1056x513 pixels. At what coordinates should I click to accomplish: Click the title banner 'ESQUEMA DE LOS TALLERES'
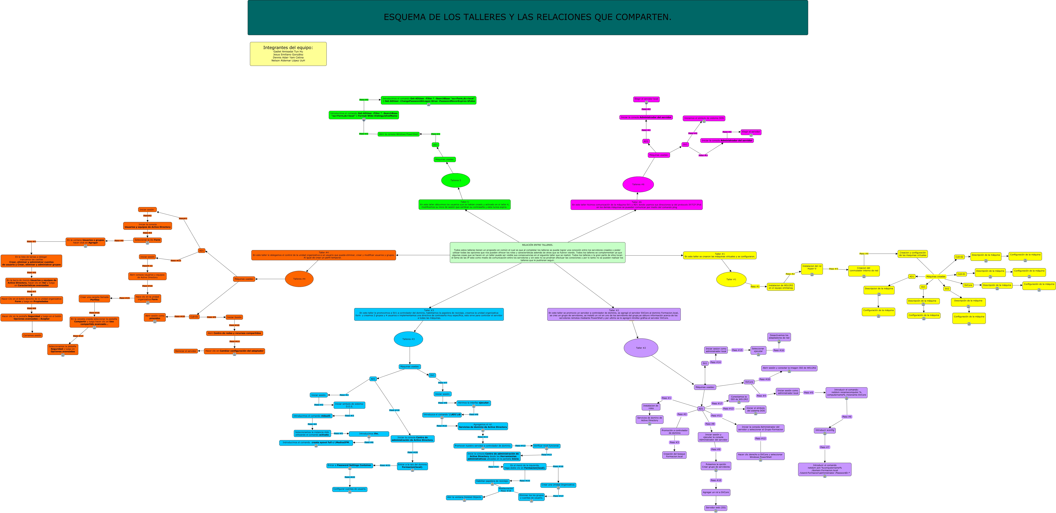(x=528, y=17)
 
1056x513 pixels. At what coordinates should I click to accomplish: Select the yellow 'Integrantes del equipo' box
(x=288, y=54)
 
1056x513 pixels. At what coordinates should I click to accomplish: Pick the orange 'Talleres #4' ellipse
(x=299, y=279)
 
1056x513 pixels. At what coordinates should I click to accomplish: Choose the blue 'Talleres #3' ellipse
(x=408, y=339)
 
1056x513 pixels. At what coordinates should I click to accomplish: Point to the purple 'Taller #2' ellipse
(x=641, y=348)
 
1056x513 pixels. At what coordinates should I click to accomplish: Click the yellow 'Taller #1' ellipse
(x=731, y=279)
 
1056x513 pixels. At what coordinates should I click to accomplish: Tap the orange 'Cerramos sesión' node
(x=32, y=335)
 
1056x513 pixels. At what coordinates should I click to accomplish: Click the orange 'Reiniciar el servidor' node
(x=186, y=351)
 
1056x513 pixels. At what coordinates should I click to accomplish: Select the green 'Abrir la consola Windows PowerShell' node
(x=398, y=134)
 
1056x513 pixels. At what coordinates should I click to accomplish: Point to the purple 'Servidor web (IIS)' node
(x=716, y=508)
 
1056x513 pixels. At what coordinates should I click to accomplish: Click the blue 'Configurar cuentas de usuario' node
(x=350, y=489)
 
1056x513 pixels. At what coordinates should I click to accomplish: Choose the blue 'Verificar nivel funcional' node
(x=546, y=446)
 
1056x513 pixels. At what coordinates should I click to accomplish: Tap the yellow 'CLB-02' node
(x=959, y=257)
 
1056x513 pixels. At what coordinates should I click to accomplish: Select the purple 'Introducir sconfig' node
(x=825, y=431)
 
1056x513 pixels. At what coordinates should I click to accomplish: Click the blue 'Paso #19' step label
(x=394, y=410)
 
